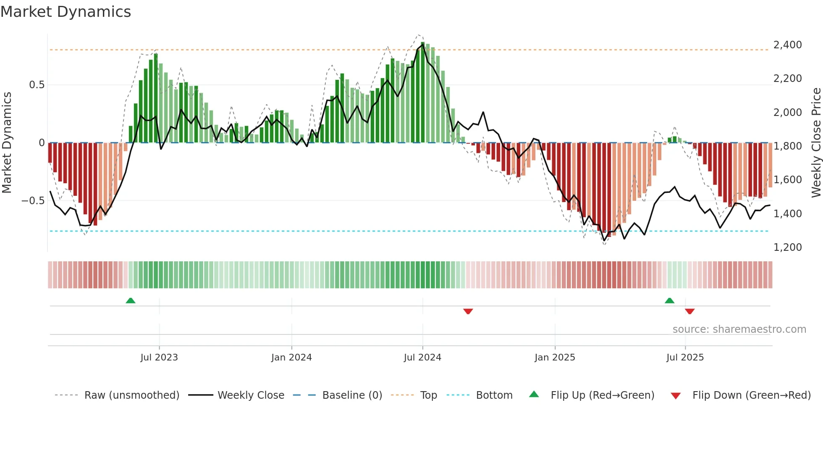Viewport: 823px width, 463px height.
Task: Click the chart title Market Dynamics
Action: [x=66, y=12]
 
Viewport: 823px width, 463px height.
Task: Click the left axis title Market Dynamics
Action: [x=7, y=142]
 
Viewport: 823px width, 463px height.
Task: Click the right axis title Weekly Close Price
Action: [x=816, y=142]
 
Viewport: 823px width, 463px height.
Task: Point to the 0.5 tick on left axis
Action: [x=37, y=85]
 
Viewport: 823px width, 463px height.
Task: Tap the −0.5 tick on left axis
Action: [x=33, y=201]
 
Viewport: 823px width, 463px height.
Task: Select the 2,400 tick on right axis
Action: [x=787, y=45]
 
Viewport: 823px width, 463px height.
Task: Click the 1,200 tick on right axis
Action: [x=787, y=247]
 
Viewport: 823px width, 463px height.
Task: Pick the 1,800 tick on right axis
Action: [x=787, y=146]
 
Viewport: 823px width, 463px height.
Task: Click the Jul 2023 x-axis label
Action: [x=159, y=358]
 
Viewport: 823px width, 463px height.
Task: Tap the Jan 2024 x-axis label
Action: [x=291, y=358]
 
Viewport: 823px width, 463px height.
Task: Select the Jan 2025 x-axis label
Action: [x=555, y=358]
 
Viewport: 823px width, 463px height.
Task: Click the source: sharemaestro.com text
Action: [x=739, y=329]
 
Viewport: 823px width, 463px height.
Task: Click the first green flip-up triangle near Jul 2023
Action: [x=131, y=300]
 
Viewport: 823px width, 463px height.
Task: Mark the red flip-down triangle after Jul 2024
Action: [x=468, y=311]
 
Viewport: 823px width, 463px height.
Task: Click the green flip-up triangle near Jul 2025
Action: [x=669, y=300]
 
